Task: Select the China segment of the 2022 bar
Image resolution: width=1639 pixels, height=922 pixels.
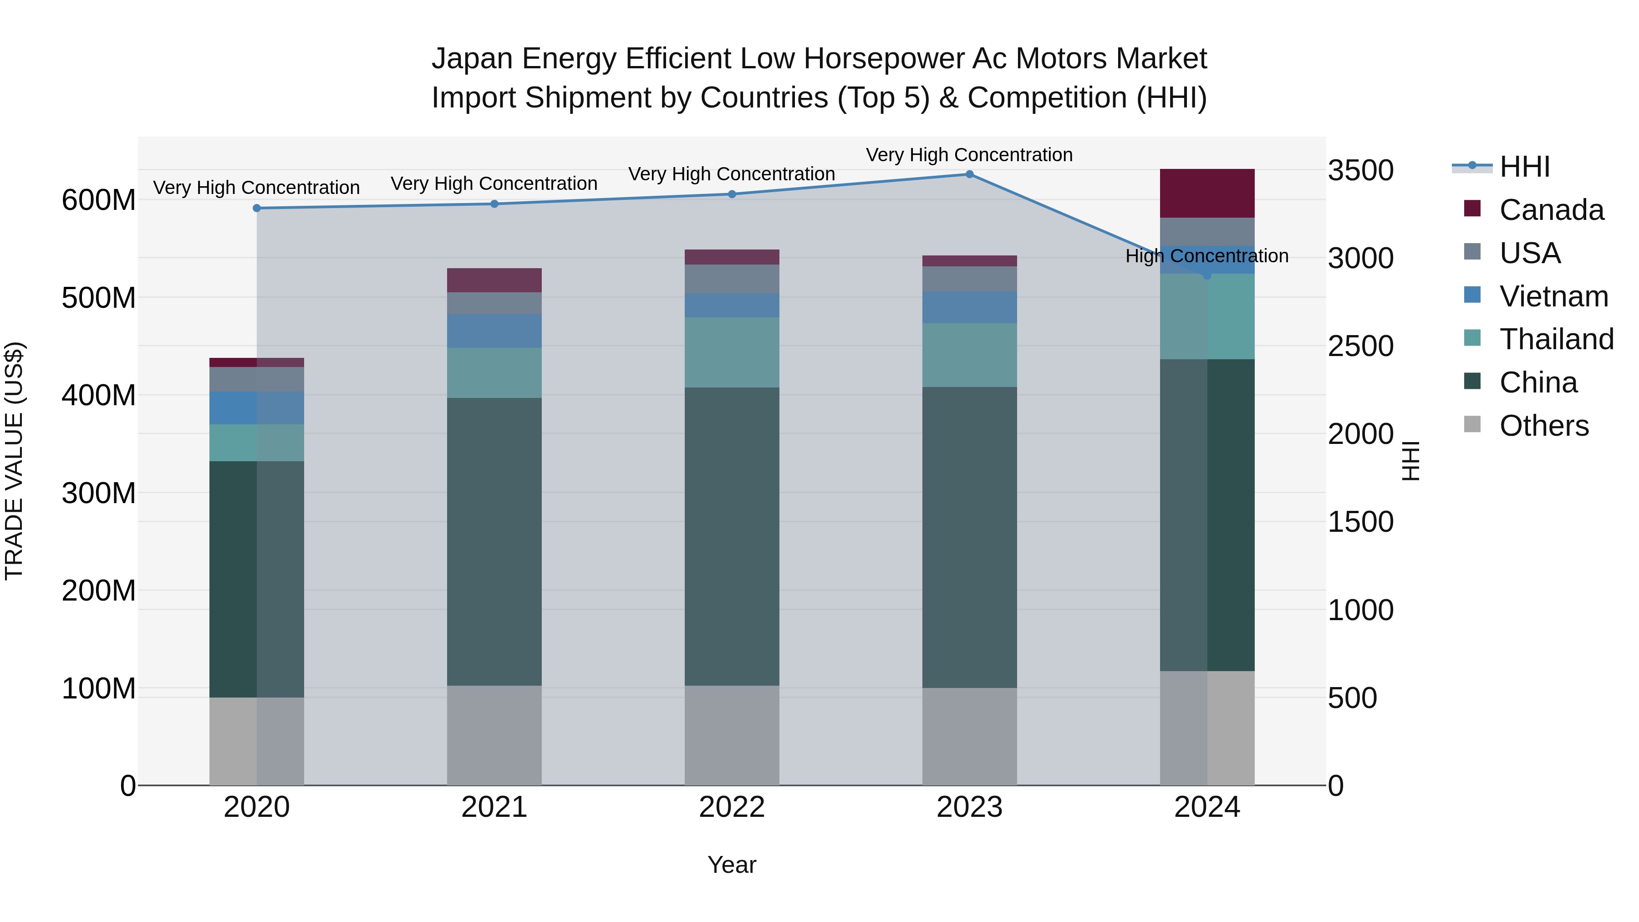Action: click(732, 536)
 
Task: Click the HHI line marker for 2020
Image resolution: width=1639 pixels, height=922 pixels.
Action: click(257, 208)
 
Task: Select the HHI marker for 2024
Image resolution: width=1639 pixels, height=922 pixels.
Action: click(1207, 275)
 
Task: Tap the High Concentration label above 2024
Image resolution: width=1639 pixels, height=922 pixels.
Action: click(1206, 256)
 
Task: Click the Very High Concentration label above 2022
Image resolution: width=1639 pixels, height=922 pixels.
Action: click(731, 174)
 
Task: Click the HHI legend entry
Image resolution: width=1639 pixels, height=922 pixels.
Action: click(1524, 167)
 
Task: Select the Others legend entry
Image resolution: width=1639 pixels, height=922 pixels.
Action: click(1543, 426)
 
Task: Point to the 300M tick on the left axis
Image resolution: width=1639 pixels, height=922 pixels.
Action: click(99, 493)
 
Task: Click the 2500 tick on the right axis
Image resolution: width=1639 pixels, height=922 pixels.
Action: click(1360, 346)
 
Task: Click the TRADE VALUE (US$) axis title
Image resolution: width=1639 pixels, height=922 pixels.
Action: click(14, 461)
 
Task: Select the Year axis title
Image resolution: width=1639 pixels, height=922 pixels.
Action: click(732, 865)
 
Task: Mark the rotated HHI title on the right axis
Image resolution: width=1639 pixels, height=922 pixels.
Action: click(1410, 461)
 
